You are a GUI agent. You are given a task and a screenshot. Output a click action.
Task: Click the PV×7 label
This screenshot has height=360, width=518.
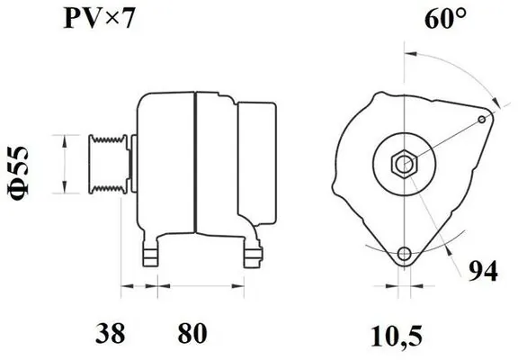tap(99, 19)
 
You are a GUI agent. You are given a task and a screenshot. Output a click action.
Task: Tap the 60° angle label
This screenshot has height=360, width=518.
tap(446, 19)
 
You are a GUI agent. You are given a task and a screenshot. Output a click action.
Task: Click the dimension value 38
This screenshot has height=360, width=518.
tap(111, 333)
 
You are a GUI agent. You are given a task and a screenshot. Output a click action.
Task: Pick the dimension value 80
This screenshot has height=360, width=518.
tap(192, 333)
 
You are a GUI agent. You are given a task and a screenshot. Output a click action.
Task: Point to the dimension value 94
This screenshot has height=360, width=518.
tap(483, 271)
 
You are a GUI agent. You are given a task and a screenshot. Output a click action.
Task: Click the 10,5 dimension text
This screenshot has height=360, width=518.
tap(397, 337)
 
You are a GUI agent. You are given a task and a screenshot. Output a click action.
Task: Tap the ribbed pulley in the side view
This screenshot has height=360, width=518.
tap(108, 164)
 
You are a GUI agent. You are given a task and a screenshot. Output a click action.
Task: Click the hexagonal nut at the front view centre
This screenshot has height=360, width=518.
tap(404, 164)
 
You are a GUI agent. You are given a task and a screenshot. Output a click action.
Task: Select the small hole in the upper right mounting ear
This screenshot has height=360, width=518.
tap(482, 120)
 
